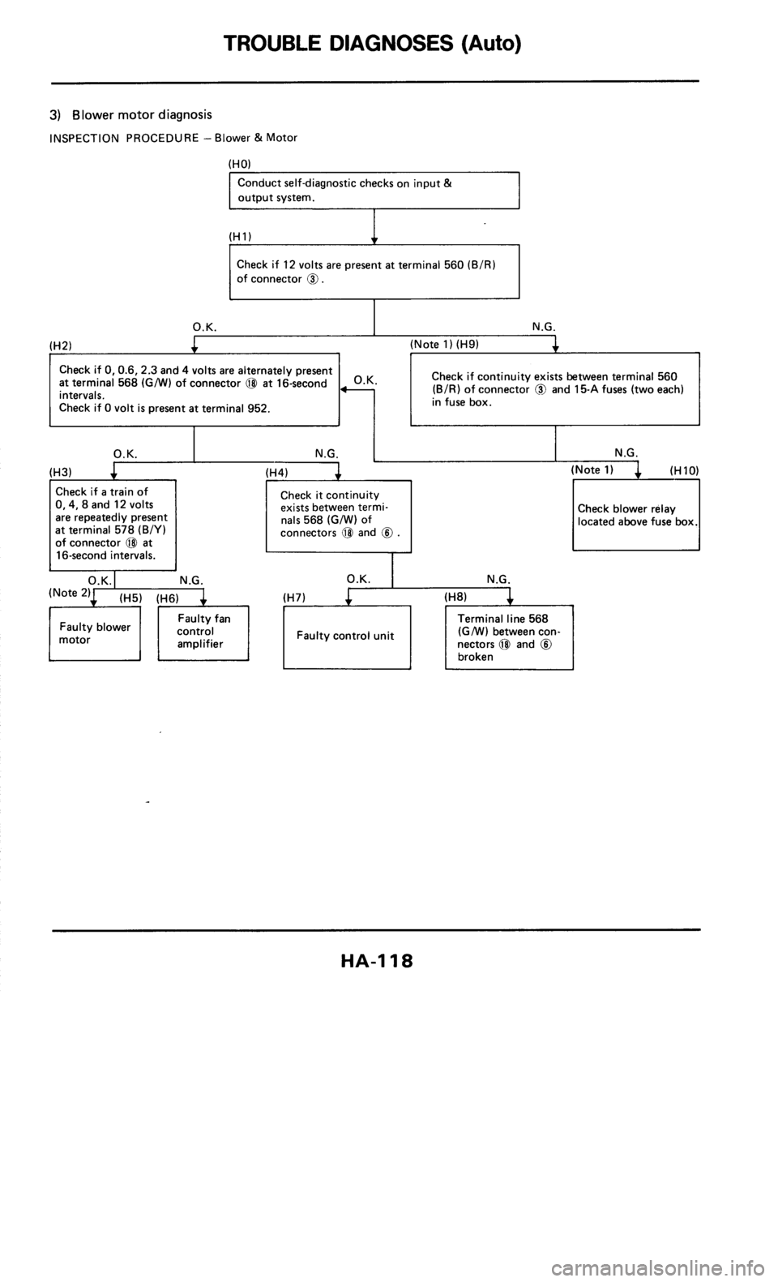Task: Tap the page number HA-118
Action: coord(375,963)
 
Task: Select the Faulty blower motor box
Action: coord(95,634)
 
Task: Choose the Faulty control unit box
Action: coord(346,636)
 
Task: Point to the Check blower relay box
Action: coord(636,515)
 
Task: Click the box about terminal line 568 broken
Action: coord(509,637)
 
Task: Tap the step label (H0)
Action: coord(239,163)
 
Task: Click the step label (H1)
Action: coord(239,234)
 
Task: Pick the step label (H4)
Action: coord(278,470)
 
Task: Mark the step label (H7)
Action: coord(293,597)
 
